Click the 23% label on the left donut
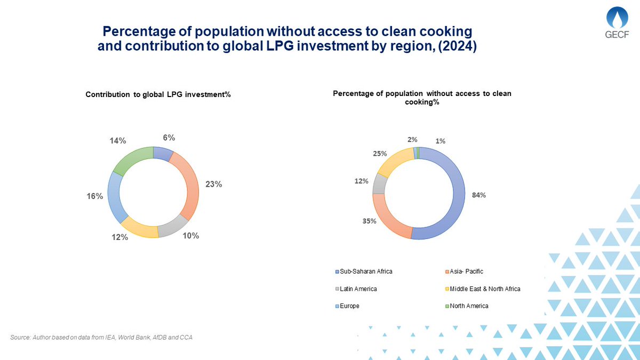[x=214, y=184]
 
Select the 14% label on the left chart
[x=118, y=141]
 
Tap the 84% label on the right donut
[x=478, y=195]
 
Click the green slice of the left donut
[x=132, y=159]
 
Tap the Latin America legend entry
[x=358, y=289]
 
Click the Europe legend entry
[x=349, y=306]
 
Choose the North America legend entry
[x=468, y=306]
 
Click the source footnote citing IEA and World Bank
[x=101, y=338]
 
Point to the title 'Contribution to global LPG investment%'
[x=158, y=94]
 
